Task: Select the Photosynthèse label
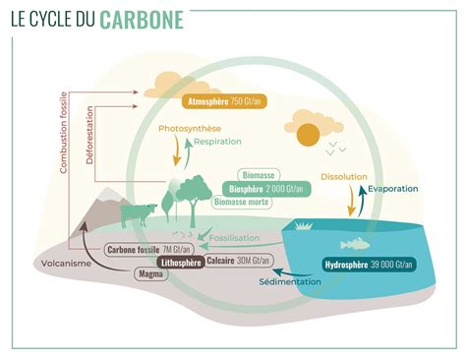click(x=189, y=129)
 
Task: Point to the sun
click(x=308, y=134)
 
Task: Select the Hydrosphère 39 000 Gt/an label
click(x=370, y=265)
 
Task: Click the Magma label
click(x=151, y=276)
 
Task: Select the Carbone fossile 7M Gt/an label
click(x=143, y=250)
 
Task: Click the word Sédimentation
click(x=290, y=281)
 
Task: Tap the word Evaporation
click(x=393, y=188)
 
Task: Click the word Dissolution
click(x=344, y=177)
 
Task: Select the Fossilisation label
click(x=235, y=237)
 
